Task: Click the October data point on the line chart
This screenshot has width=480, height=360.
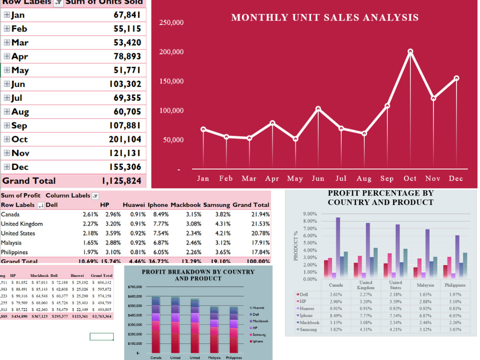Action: (x=410, y=51)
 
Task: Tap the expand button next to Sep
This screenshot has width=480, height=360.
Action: (x=7, y=125)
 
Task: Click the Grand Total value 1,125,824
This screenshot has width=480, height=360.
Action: (x=121, y=181)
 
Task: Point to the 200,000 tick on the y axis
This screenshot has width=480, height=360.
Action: (x=171, y=52)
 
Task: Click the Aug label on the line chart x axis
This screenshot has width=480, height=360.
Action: (x=364, y=179)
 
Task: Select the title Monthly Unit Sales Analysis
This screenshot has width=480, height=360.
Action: (x=325, y=18)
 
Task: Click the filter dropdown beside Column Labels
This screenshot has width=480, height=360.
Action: (x=95, y=196)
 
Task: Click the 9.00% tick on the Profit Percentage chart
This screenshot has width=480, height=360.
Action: (x=310, y=214)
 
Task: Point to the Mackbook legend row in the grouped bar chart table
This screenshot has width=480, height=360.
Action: (x=308, y=323)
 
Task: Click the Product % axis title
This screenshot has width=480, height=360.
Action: (x=296, y=246)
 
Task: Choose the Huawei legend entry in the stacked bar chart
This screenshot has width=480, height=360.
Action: (x=259, y=307)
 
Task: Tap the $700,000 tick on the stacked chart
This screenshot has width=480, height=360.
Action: (x=135, y=287)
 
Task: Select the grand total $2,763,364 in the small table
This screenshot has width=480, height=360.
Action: (x=101, y=316)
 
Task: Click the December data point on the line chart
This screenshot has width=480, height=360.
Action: (x=456, y=78)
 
